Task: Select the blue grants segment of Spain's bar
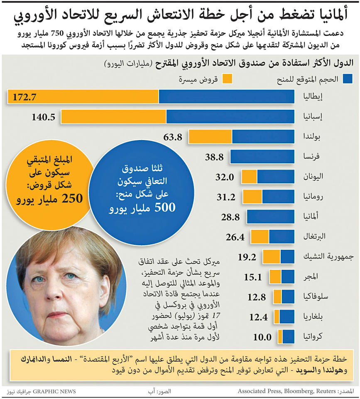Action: (230, 117)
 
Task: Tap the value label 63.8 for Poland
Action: (173, 137)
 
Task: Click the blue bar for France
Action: (262, 157)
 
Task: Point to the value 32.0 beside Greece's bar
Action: (225, 177)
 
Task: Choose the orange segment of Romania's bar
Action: (252, 197)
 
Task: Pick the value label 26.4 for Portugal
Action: (235, 237)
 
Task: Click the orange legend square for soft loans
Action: (228, 78)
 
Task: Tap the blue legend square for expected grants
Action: (348, 78)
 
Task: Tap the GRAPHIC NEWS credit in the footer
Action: (54, 392)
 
